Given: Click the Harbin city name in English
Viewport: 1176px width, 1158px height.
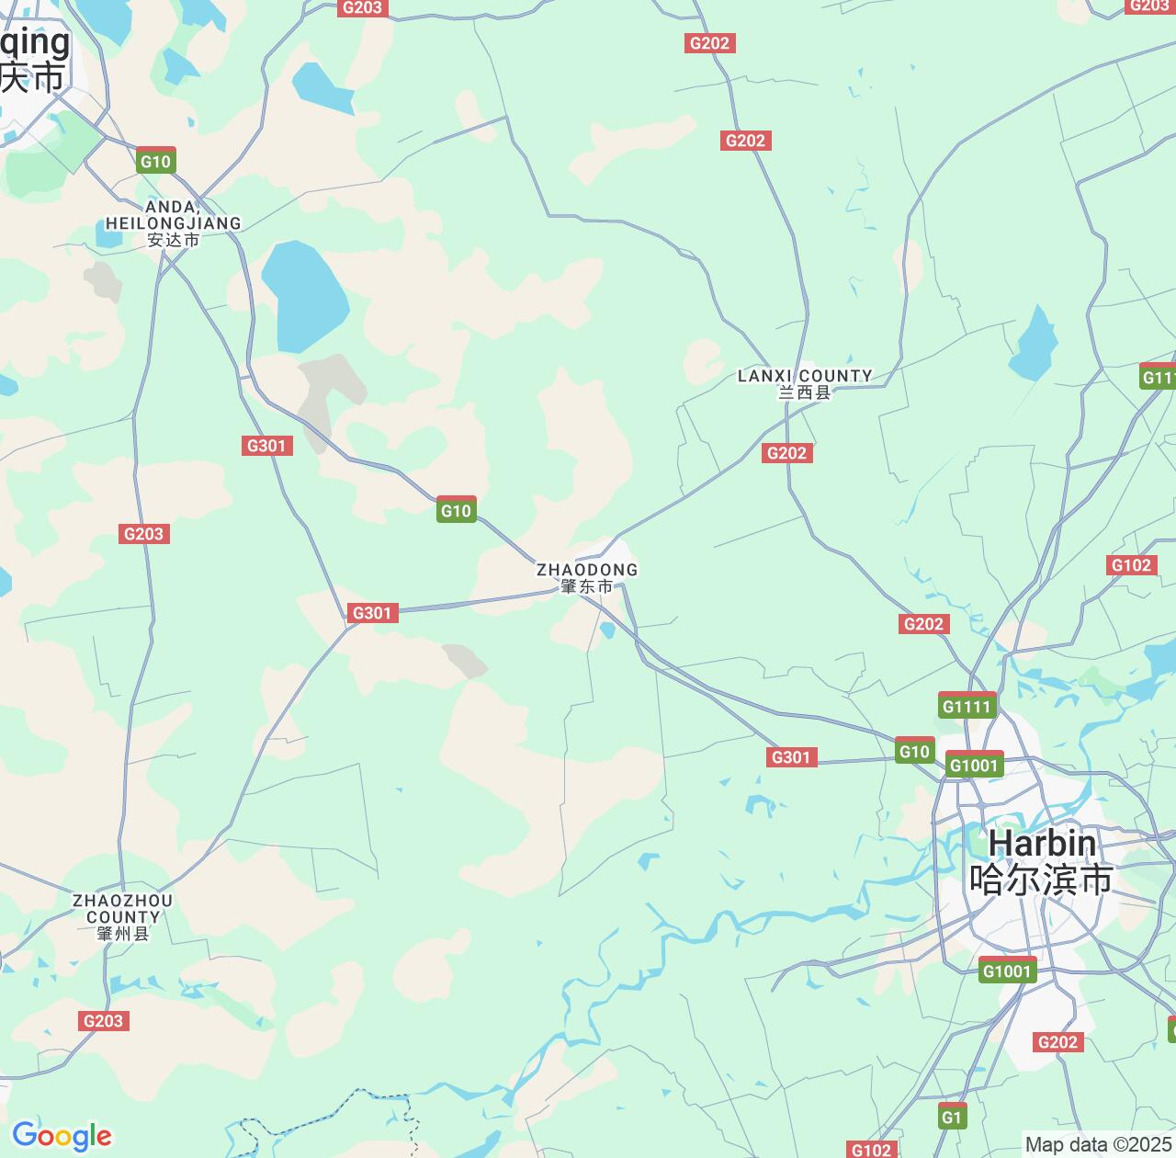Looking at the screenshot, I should (x=1042, y=843).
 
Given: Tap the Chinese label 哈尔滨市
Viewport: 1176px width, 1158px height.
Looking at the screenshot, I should (x=1041, y=880).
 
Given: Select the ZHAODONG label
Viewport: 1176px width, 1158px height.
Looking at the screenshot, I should (x=587, y=570).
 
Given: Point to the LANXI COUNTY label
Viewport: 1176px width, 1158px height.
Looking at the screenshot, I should (x=805, y=376).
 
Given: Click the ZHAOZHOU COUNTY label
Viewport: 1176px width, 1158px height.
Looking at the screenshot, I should (x=122, y=908).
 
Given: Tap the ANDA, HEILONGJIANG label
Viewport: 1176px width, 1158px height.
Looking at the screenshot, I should (x=174, y=215).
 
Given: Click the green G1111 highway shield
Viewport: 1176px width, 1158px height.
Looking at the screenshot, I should (x=967, y=706).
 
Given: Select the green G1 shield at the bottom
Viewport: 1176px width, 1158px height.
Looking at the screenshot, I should (x=953, y=1117).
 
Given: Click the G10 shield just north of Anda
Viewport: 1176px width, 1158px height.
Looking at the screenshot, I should (x=155, y=162).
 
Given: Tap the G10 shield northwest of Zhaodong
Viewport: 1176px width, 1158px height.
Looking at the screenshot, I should (x=456, y=511).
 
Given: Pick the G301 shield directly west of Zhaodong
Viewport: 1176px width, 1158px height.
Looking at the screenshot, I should (x=372, y=613).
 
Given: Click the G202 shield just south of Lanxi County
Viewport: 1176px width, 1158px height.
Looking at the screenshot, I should (x=786, y=452).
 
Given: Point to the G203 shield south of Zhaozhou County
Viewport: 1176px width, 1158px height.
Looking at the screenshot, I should (x=103, y=1021).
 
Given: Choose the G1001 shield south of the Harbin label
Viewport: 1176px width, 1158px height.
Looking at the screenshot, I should (x=1007, y=971).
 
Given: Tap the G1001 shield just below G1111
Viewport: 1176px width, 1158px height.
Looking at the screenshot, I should (x=974, y=766).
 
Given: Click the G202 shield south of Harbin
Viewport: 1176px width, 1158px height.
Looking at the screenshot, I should (x=1057, y=1042).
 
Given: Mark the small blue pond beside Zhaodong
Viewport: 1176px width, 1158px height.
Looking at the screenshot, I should (x=607, y=630).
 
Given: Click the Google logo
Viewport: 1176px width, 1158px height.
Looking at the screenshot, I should (x=61, y=1136).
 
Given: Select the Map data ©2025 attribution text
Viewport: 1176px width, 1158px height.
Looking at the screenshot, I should (x=1098, y=1145).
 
